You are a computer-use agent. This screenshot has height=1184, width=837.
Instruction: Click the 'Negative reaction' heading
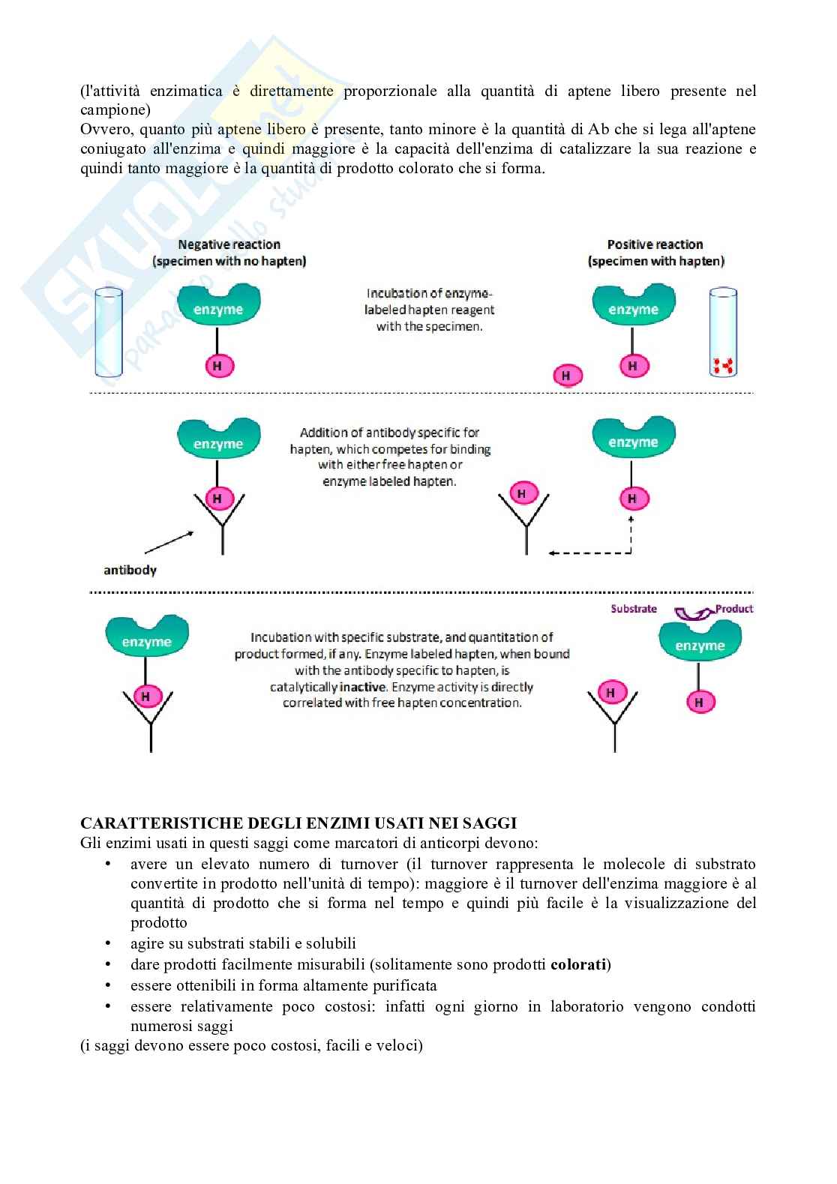coord(229,244)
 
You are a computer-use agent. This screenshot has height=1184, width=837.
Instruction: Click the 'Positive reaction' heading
coord(655,244)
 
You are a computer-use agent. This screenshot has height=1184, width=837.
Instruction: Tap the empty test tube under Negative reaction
coord(108,332)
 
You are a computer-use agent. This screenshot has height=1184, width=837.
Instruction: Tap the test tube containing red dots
coord(723,332)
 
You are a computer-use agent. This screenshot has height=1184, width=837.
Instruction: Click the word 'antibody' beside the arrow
coord(130,571)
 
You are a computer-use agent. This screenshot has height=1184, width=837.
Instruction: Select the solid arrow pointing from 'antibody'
coord(169,543)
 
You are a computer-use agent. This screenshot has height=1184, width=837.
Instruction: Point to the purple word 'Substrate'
coord(633,609)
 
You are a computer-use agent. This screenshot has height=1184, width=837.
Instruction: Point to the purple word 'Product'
coord(734,609)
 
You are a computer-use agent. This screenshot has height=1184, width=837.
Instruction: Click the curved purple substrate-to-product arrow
coord(694,613)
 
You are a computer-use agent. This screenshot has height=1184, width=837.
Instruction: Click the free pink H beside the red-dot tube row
coord(567,376)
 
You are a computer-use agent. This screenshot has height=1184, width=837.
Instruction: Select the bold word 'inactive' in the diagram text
coord(363,687)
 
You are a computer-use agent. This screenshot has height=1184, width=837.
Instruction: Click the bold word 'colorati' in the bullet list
coord(578,964)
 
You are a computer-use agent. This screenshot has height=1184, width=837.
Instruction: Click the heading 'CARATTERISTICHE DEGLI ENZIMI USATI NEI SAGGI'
coord(298,823)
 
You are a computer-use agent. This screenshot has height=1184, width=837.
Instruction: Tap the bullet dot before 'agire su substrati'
coord(108,943)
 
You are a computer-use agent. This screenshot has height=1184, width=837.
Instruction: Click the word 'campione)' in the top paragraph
coord(115,110)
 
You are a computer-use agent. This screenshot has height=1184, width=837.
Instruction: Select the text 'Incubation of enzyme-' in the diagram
coord(429,294)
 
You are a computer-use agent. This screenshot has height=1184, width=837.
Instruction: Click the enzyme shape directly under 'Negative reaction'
coord(218,304)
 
